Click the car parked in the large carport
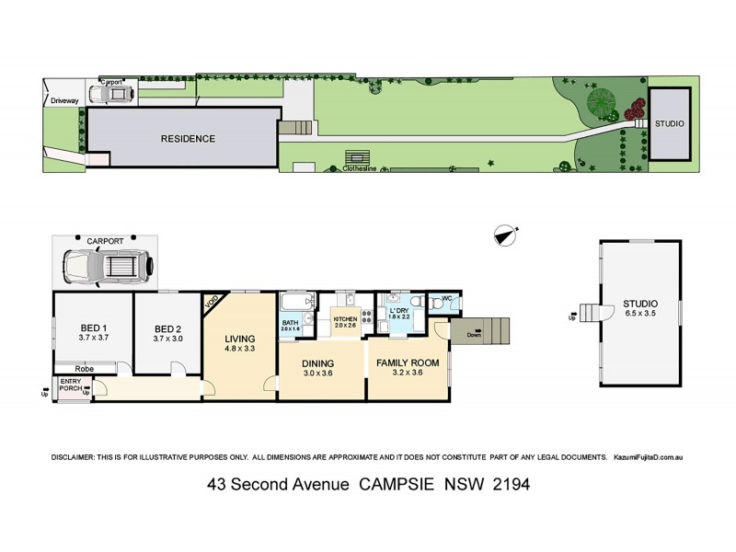coord(104,266)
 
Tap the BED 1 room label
coord(93,328)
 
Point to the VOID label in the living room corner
coord(213,300)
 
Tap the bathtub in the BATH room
coord(293,302)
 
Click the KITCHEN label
coord(345,317)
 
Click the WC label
coord(446,298)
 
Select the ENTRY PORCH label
coord(72,385)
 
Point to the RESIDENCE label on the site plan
coord(188,139)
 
